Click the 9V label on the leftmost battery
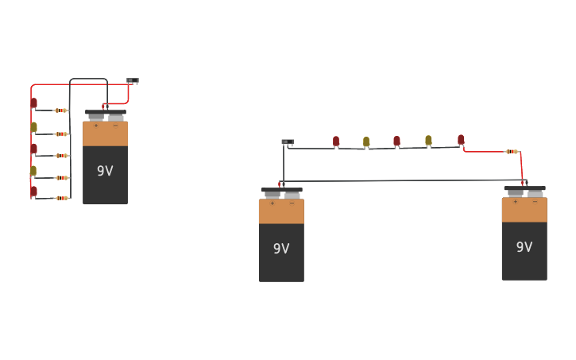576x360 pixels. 105,171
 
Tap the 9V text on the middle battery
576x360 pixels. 281,249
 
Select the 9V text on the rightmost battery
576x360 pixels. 524,247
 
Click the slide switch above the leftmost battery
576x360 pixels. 132,80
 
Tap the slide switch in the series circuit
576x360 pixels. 288,142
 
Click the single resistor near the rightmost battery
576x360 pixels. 512,151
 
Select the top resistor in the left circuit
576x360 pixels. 61,110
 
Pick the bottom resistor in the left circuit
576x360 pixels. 61,198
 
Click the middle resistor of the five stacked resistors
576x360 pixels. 61,156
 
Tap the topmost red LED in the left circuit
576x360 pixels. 34,103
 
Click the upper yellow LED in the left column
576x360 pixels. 34,126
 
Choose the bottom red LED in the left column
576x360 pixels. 34,191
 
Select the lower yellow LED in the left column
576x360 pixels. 33,170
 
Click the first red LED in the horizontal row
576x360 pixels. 336,141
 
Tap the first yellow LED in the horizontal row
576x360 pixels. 366,141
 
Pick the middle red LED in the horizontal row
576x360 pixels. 396,141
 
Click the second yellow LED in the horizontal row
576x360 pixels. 428,140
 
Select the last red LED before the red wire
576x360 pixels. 461,139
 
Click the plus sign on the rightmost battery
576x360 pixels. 515,201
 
